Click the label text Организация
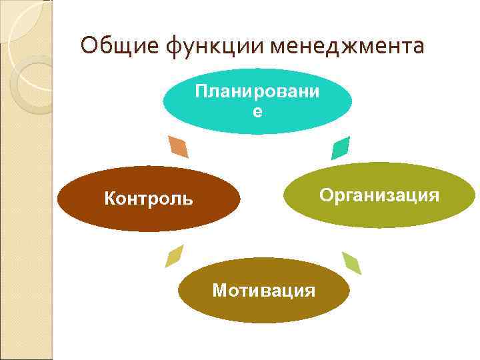click(379, 195)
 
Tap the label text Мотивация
click(263, 291)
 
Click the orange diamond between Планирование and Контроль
click(179, 147)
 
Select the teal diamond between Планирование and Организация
click(341, 147)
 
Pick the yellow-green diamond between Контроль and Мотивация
click(175, 255)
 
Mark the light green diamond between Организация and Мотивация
click(351, 263)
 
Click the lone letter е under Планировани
click(257, 113)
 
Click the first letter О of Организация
click(325, 195)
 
